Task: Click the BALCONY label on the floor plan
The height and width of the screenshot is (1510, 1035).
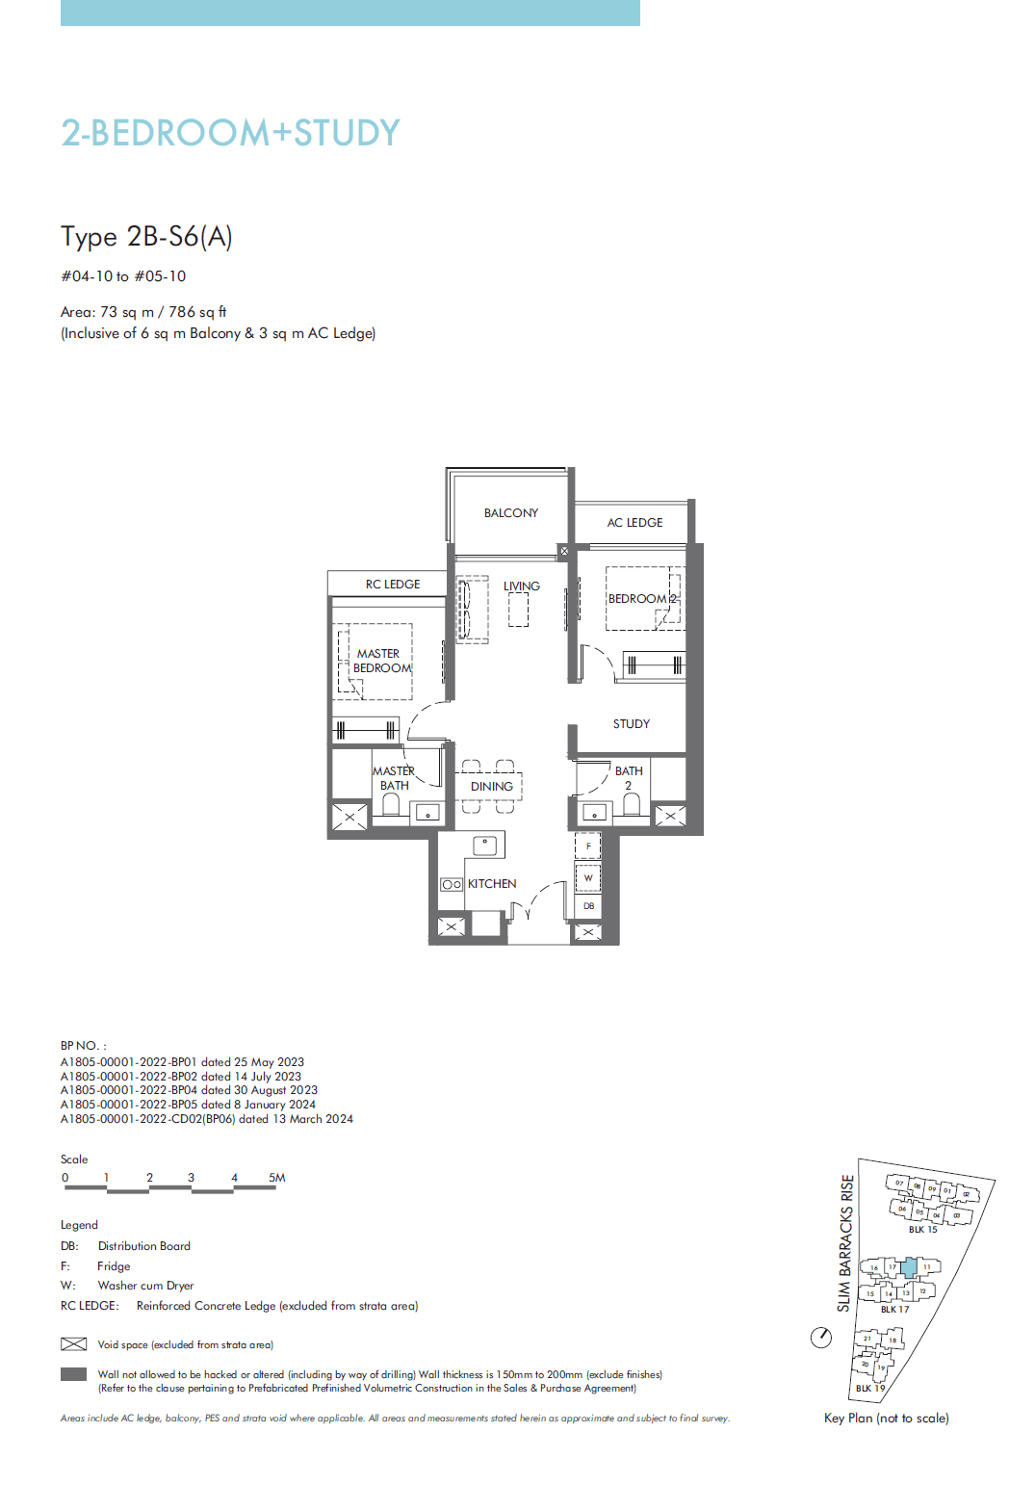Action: pos(510,513)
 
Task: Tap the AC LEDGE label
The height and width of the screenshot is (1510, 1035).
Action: pos(634,523)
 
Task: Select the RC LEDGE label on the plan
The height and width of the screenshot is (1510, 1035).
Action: pos(392,585)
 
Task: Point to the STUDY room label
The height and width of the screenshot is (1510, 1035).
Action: pos(631,724)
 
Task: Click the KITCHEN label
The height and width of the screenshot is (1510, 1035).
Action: pos(492,884)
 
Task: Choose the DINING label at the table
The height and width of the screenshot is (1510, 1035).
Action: pos(491,787)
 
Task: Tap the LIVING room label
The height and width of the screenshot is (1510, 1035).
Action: pos(521,586)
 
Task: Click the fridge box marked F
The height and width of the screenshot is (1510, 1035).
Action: pos(588,846)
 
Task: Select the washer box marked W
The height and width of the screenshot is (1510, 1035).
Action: pos(588,878)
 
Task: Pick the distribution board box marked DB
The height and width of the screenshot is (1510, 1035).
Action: pos(588,906)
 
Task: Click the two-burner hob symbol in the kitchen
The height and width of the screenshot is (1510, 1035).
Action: pos(451,884)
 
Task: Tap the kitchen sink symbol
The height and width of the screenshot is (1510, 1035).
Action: pos(485,846)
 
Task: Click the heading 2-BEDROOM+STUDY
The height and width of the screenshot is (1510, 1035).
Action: pos(230,133)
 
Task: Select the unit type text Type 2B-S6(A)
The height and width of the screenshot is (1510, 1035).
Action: pos(146,237)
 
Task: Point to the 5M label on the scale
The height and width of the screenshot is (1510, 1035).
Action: pos(276,1178)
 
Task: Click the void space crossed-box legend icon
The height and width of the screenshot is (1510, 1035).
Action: pos(74,1344)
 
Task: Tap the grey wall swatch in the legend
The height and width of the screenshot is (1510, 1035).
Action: pos(74,1375)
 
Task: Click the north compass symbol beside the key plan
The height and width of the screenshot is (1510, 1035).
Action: pos(821,1337)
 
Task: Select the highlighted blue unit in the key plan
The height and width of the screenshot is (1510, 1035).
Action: pos(909,1267)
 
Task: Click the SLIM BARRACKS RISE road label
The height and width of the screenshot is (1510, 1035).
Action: pos(845,1242)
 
